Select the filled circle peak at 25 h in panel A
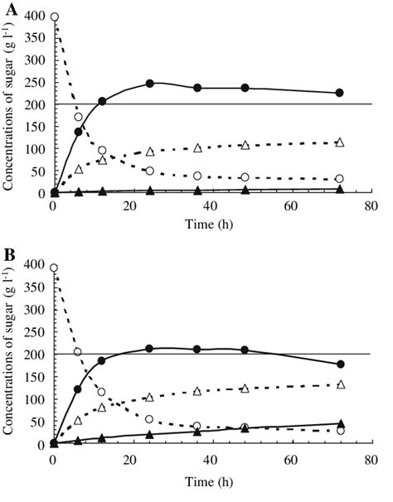(x=150, y=84)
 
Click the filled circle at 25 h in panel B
(x=150, y=349)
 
